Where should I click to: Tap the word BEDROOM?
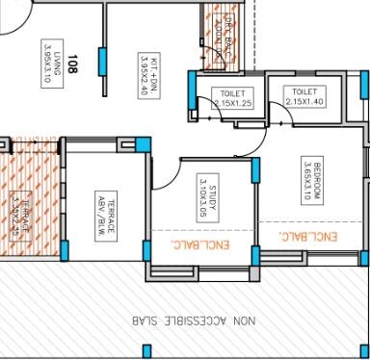coord(317,179)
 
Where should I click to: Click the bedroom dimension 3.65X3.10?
coord(304,179)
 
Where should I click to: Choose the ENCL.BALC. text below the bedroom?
coord(306,235)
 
